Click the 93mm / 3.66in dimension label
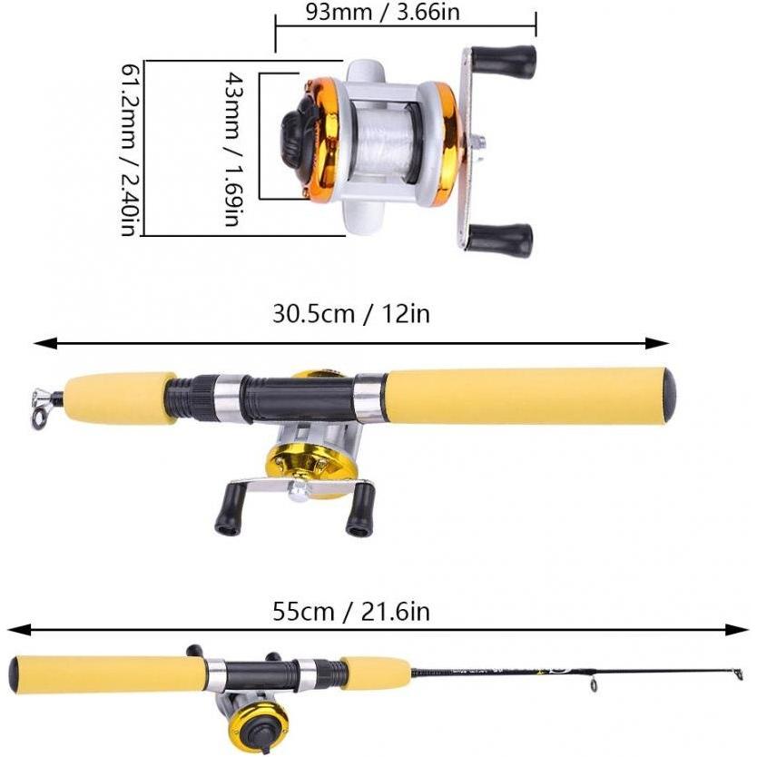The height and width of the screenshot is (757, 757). click(382, 12)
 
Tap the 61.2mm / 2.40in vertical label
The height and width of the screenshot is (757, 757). click(128, 149)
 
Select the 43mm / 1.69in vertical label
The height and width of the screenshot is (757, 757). click(233, 149)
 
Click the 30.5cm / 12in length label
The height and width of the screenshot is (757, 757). click(351, 313)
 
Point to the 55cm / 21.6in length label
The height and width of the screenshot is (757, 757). click(351, 611)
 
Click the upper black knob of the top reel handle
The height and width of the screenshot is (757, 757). click(504, 59)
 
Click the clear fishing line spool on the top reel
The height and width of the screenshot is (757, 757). click(384, 142)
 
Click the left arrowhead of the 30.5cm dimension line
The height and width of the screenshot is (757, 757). click(44, 343)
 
